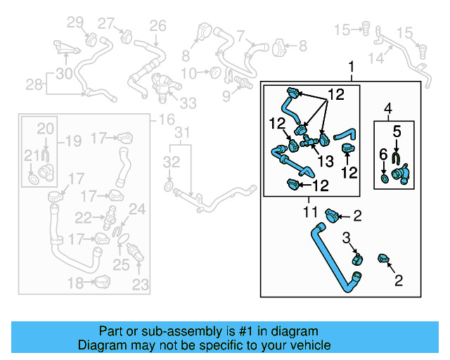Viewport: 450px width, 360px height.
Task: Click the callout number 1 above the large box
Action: point(352,67)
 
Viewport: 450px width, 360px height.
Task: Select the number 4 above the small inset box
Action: point(387,108)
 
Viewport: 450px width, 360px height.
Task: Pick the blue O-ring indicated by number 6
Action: point(383,179)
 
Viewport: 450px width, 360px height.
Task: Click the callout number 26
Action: point(157,27)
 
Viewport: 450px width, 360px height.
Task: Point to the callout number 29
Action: point(75,23)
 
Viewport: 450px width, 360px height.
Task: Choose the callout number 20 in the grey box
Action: point(44,129)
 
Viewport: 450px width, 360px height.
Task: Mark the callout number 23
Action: point(141,285)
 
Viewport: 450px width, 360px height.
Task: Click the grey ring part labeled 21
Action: point(32,181)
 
